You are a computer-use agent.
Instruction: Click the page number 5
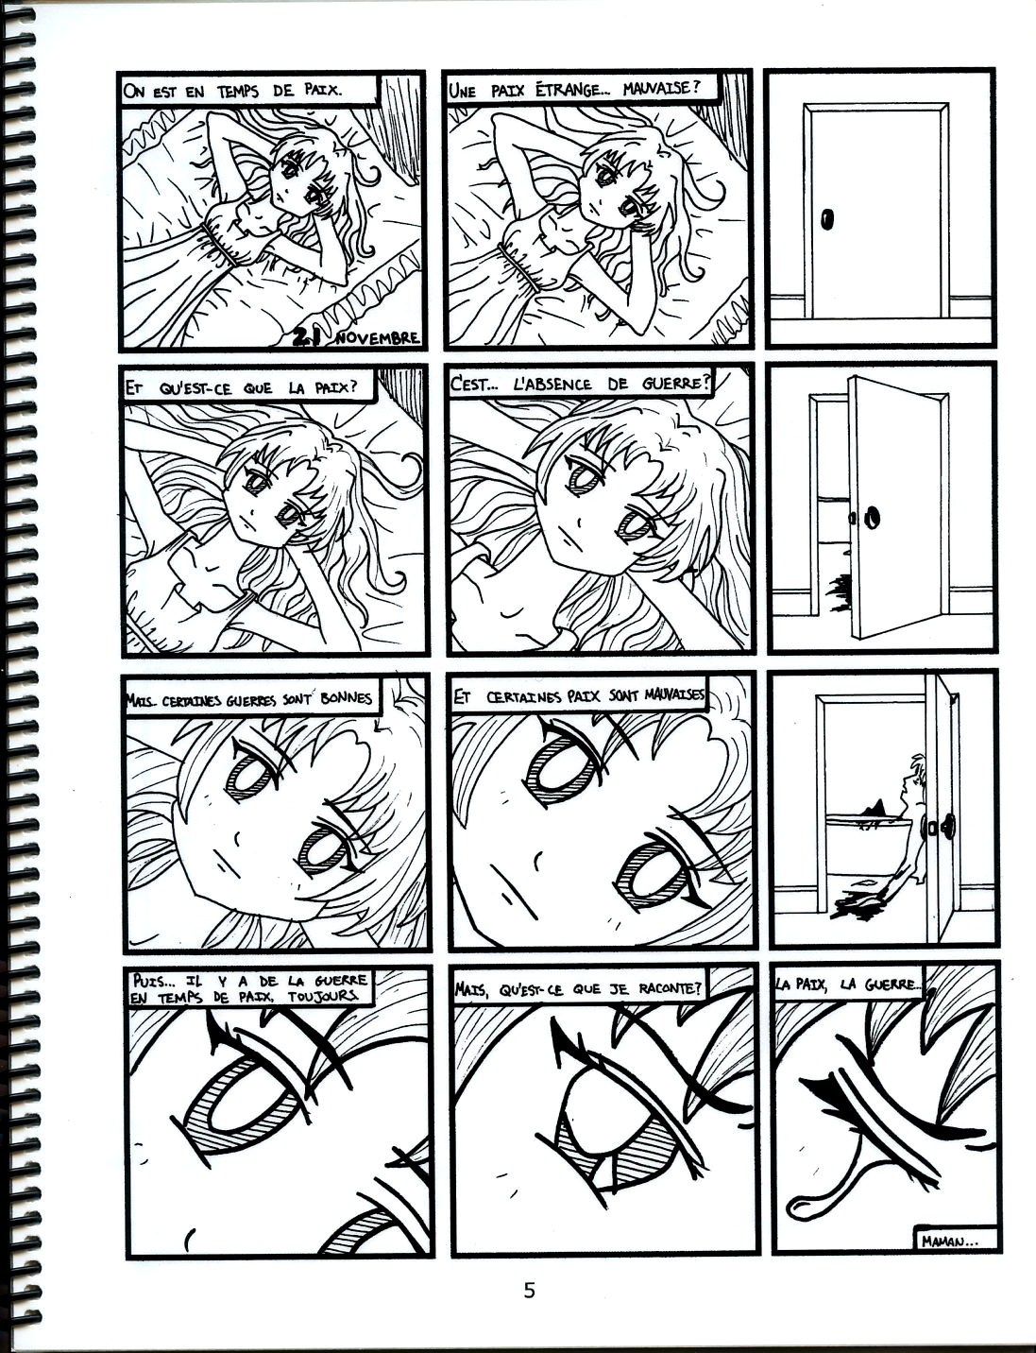[529, 1291]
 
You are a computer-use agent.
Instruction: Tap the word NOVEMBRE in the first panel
[377, 338]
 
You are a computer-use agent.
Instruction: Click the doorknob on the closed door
[827, 219]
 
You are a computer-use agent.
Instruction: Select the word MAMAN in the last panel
[943, 1241]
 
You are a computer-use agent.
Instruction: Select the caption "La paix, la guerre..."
[847, 985]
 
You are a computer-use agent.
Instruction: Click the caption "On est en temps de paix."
[232, 91]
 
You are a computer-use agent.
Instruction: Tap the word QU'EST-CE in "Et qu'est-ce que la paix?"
[186, 388]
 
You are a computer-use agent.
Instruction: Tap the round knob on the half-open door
[874, 516]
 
